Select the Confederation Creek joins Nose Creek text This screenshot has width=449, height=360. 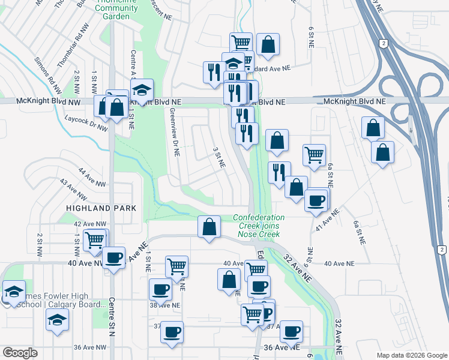(259, 226)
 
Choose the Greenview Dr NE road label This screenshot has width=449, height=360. (174, 132)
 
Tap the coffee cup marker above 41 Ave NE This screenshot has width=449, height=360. (316, 200)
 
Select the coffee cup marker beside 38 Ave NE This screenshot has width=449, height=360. (160, 289)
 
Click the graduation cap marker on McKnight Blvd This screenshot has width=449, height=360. (142, 90)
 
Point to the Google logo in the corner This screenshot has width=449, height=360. (20, 353)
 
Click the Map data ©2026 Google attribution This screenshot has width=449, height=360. (412, 355)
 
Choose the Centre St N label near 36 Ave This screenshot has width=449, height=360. (112, 319)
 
